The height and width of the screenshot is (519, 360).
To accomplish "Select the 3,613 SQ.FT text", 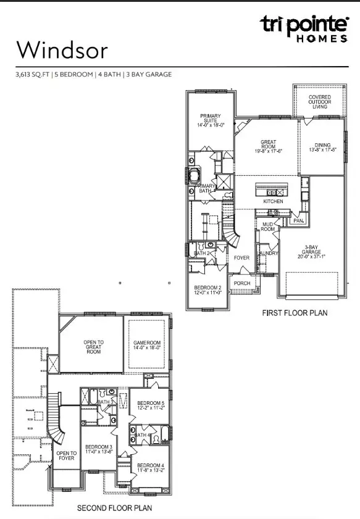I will (x=34, y=75).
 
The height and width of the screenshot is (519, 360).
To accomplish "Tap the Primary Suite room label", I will (x=211, y=120).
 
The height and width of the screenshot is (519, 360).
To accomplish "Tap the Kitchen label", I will (x=273, y=202).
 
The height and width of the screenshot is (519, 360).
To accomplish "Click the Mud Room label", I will (x=268, y=227).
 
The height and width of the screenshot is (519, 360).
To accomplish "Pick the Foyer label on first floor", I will (x=240, y=259).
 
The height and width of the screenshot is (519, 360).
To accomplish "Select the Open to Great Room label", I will (x=93, y=347).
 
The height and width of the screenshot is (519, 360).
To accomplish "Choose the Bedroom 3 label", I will (x=98, y=450).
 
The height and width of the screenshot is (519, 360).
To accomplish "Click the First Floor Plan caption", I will (x=293, y=313).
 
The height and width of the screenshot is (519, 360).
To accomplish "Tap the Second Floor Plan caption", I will (x=114, y=508).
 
